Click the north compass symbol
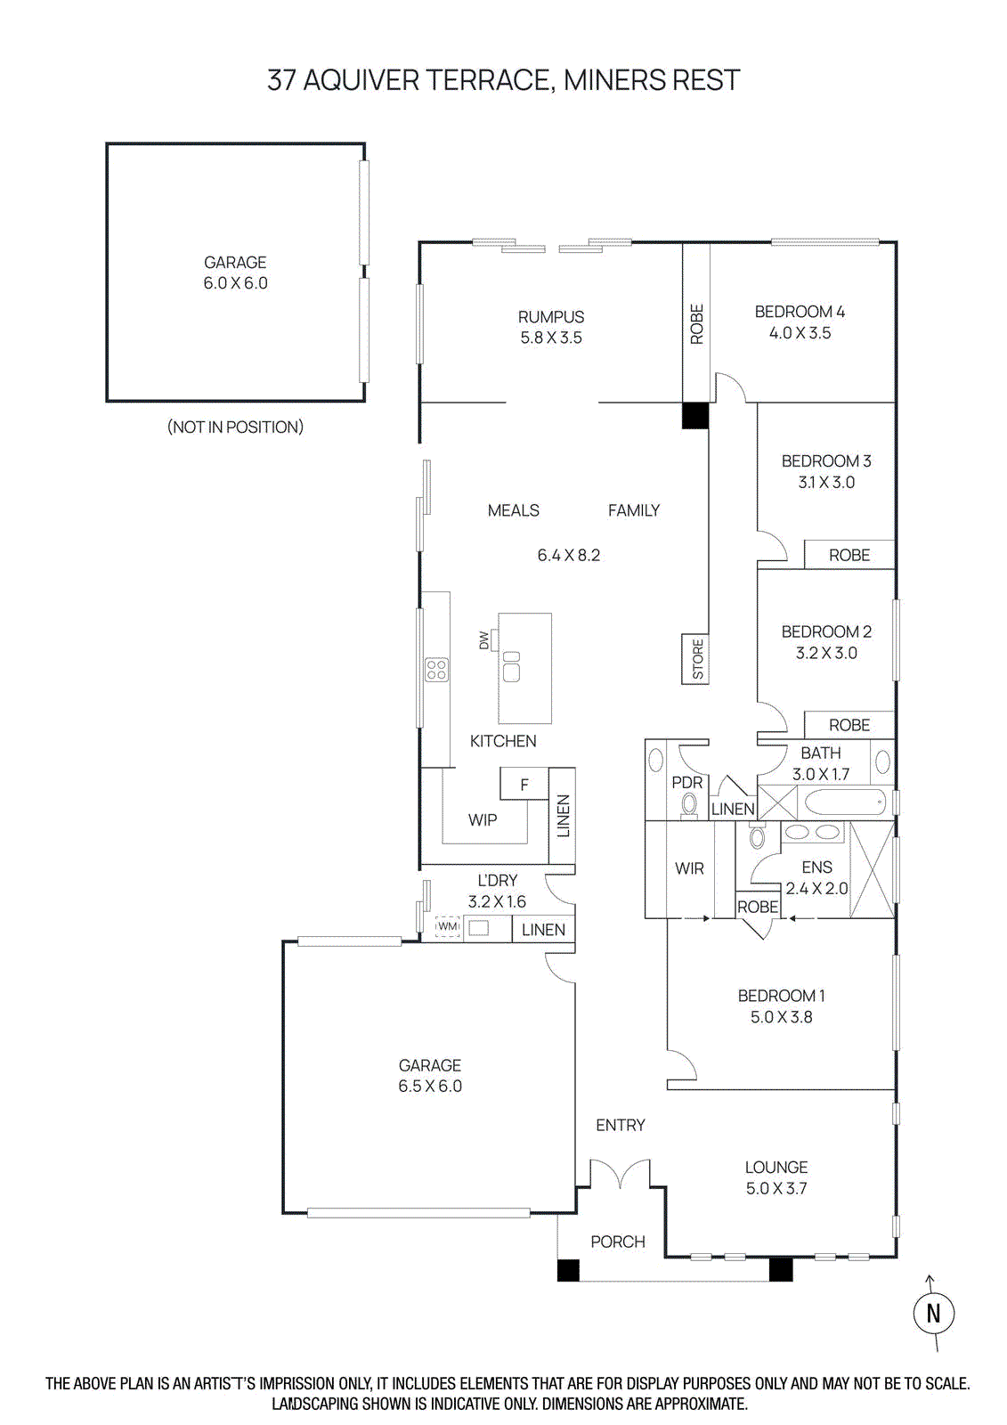pos(933,1313)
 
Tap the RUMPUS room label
pos(551,317)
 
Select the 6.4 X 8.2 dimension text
pos(568,556)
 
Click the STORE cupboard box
pos(696,659)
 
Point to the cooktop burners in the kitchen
pos(436,670)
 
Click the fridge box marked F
pos(524,785)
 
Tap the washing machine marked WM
pos(447,927)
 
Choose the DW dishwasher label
pos(484,639)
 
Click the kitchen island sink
pos(512,666)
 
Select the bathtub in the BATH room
pos(844,802)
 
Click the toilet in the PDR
pos(688,805)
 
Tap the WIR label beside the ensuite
pos(689,868)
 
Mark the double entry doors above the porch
pos(620,1174)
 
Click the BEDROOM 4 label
pos(800,312)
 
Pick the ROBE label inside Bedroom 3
pos(849,555)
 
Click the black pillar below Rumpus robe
pos(695,416)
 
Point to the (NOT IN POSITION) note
pos(235,427)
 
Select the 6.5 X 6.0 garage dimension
pos(430,1087)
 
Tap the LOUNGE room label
pos(776,1168)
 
